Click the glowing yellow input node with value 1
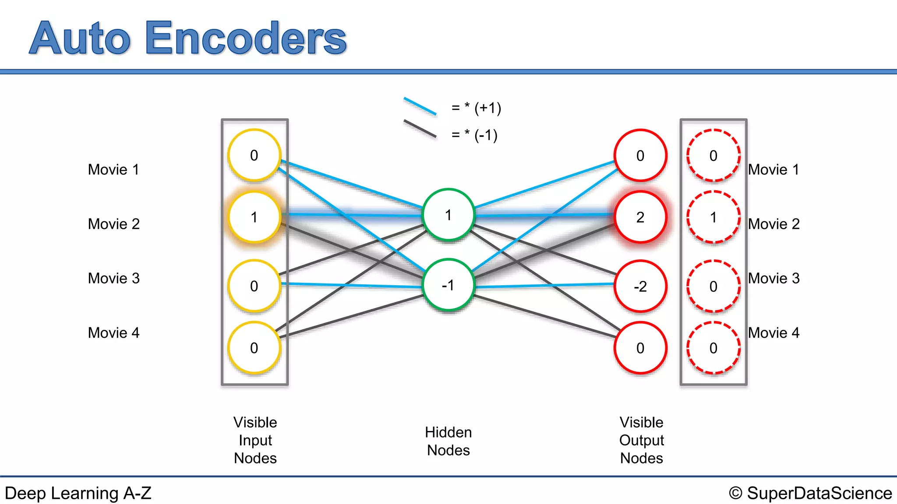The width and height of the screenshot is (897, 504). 254,217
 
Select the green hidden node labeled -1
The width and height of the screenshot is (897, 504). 448,285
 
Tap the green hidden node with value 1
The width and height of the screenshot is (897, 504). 448,215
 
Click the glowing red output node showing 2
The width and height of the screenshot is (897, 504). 640,217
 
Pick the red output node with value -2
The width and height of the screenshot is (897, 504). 640,286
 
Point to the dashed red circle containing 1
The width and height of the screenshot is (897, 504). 713,217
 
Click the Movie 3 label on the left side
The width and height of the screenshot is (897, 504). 113,278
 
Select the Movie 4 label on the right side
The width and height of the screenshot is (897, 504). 773,332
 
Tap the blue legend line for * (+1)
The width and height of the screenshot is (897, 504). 420,106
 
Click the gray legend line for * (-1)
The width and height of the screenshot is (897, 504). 420,129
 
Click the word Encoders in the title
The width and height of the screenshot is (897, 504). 246,38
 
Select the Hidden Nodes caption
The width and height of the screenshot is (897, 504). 448,441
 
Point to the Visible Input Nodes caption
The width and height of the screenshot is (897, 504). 255,440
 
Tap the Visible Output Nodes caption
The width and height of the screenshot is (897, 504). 641,440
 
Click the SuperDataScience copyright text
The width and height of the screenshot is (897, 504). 810,493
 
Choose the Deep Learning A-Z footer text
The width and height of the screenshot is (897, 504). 78,493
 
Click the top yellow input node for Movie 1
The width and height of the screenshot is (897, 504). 254,155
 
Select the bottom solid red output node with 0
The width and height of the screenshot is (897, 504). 640,348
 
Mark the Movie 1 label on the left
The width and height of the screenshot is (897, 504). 113,169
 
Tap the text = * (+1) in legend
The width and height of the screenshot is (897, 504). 476,108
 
